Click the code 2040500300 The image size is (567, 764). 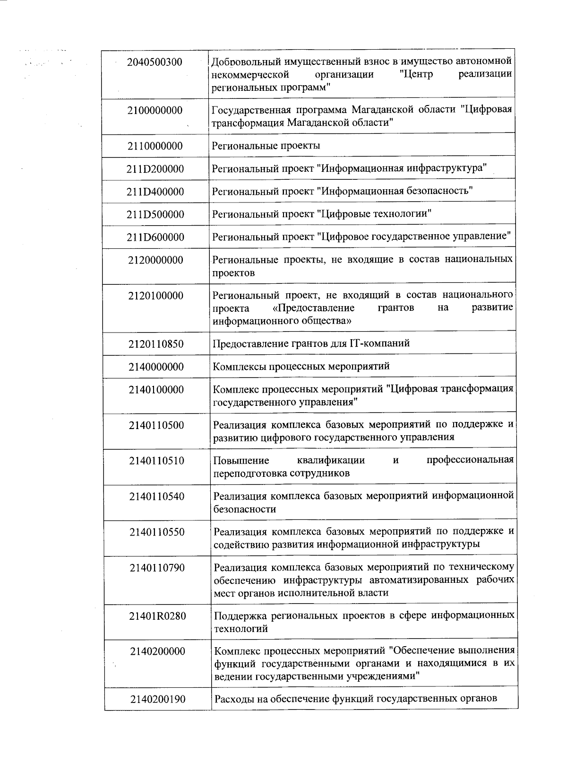coord(155,62)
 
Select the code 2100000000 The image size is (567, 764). coord(155,111)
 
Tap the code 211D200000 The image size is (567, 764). coord(155,169)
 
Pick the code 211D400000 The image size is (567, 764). coord(155,192)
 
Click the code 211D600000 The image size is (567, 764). coord(155,237)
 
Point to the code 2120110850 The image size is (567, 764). coord(156,344)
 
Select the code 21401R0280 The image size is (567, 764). coord(158,616)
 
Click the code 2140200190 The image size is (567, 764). coord(158,699)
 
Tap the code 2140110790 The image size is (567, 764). coord(157,568)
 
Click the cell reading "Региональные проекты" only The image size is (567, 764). coord(266,146)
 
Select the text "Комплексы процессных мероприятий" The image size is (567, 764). coord(301,367)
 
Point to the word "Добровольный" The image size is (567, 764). coord(241,62)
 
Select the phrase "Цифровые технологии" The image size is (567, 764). coord(376,214)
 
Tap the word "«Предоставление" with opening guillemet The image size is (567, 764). coord(314,308)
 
